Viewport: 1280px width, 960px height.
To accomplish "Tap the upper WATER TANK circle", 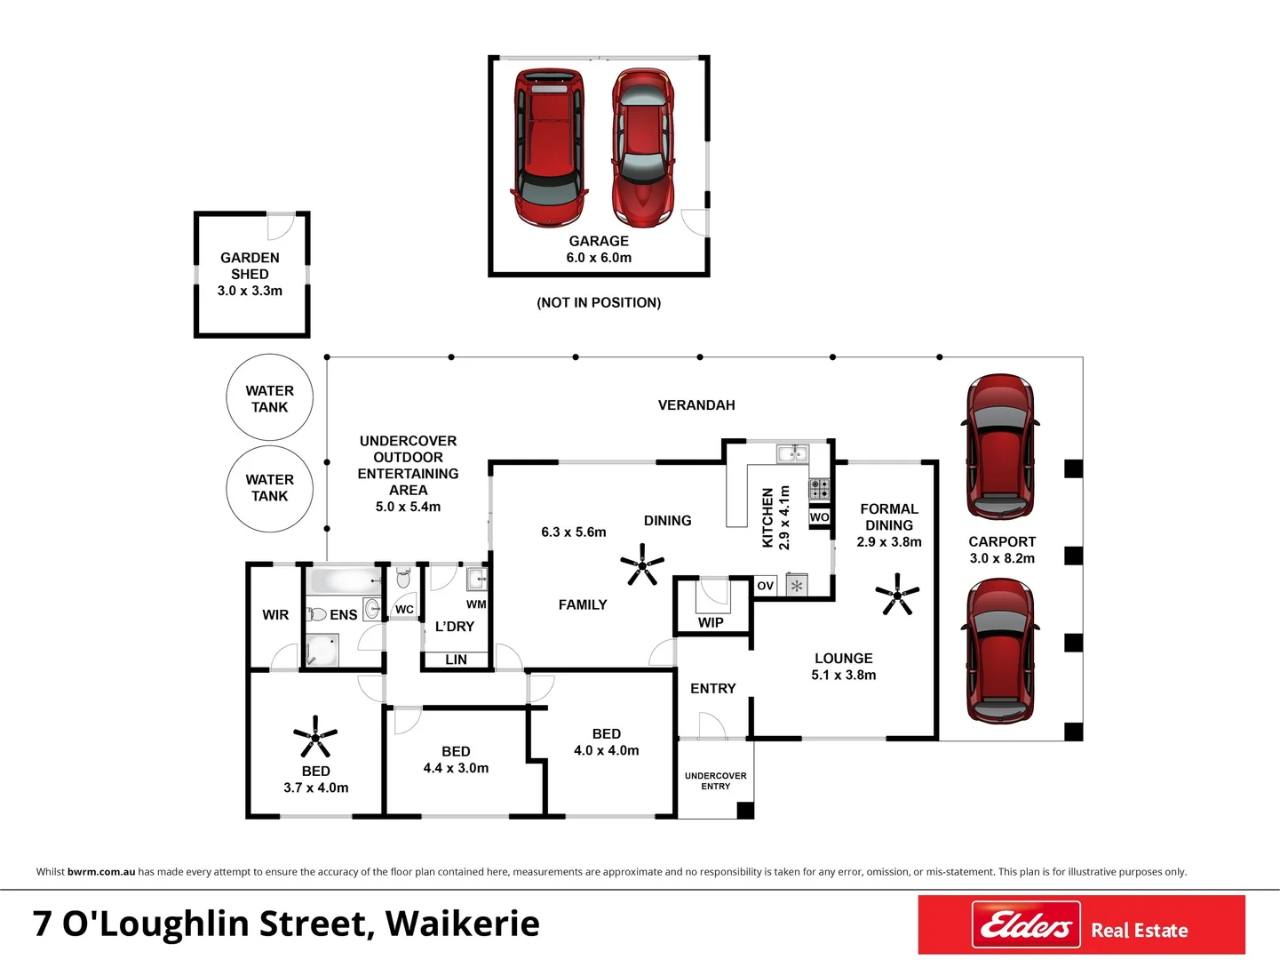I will [269, 398].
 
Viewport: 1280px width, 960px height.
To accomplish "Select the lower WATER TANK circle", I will [269, 488].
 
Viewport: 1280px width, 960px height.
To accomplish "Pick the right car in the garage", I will [643, 148].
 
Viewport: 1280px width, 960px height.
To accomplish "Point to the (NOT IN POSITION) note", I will [599, 302].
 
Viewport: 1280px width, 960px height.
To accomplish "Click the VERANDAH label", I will [696, 405].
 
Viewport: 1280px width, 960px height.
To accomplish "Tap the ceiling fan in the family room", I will [641, 564].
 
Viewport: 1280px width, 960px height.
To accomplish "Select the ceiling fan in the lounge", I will [896, 595].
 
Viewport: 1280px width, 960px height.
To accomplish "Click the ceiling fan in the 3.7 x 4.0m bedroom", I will [315, 736].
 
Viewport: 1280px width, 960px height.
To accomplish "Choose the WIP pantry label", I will [711, 622].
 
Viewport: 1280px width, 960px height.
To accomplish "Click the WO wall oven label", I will [819, 517].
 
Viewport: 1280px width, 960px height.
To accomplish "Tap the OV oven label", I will [765, 586].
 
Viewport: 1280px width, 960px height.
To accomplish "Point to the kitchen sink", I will [791, 454].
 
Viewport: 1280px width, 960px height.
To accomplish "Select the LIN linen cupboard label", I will [456, 660].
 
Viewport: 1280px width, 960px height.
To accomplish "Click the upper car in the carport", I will [999, 446].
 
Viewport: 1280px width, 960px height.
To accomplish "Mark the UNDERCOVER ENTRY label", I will [716, 780].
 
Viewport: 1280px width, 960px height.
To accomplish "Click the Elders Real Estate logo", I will [1081, 925].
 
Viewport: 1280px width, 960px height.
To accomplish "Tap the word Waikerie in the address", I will [463, 924].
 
